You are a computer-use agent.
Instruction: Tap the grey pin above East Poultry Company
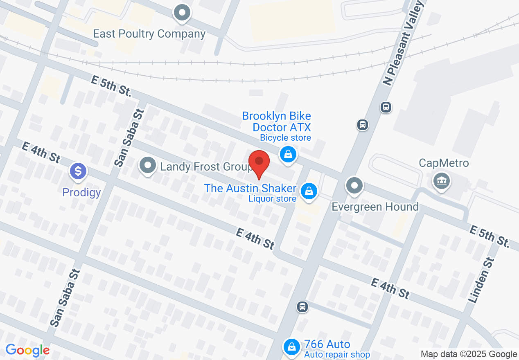(x=182, y=13)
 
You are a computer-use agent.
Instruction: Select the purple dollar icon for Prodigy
(x=78, y=171)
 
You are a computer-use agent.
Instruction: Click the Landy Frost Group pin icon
(x=148, y=166)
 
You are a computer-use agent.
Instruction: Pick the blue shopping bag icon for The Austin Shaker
(x=309, y=191)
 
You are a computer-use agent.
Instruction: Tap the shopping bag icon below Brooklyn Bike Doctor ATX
(x=288, y=155)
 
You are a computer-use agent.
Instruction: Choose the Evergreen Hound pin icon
(x=354, y=186)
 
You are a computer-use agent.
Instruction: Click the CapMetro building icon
(x=441, y=181)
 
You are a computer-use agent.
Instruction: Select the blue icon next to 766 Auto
(x=291, y=347)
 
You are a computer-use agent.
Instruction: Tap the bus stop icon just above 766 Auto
(x=302, y=306)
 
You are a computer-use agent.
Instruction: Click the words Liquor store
(x=272, y=199)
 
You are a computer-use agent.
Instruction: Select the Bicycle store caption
(x=285, y=138)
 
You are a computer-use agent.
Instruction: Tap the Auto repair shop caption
(x=336, y=354)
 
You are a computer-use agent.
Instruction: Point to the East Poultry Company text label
(x=149, y=34)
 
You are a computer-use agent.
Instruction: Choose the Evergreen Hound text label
(x=375, y=207)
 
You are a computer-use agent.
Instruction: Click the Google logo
(x=27, y=351)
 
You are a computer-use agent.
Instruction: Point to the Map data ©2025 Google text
(x=469, y=354)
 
